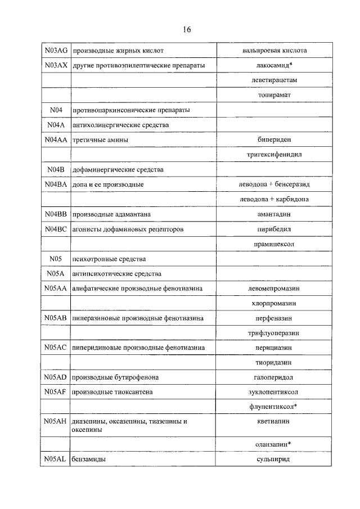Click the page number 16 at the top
186,30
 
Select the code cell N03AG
56,51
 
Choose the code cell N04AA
56,139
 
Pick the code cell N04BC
56,229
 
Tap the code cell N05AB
56,318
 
